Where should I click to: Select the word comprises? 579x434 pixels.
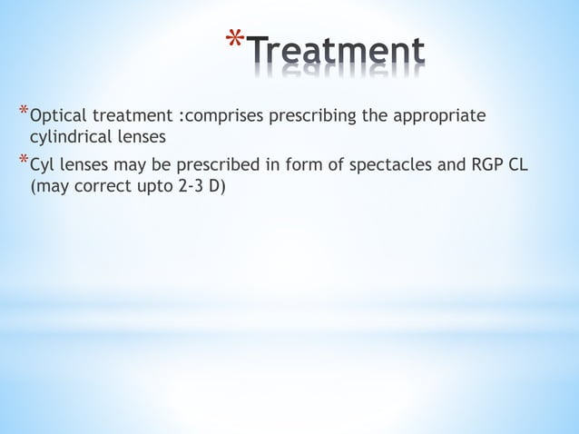coord(221,117)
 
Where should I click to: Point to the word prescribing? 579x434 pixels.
coord(309,117)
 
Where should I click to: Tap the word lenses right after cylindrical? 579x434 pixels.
coord(139,137)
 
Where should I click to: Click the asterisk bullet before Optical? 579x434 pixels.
coord(23,113)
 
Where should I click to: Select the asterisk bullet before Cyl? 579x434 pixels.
coord(23,163)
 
